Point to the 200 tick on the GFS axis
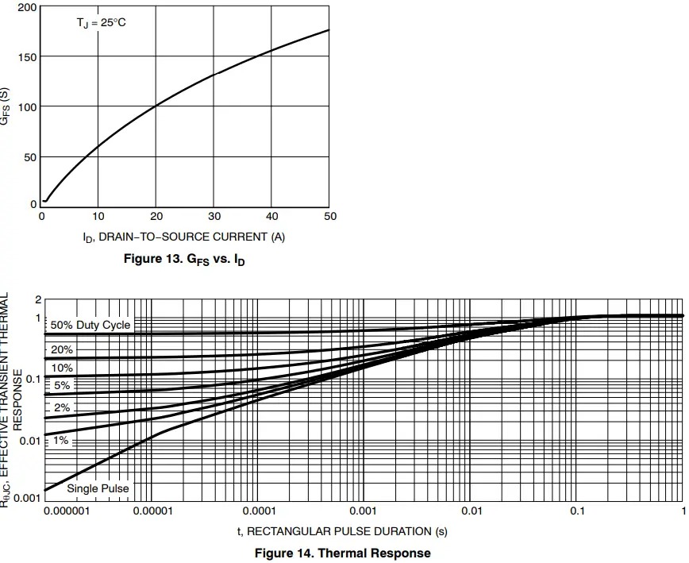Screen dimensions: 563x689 coord(27,7)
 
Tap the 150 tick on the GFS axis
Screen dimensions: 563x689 coord(27,57)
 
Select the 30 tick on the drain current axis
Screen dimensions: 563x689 coord(214,216)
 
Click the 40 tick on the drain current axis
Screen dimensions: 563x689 coord(272,216)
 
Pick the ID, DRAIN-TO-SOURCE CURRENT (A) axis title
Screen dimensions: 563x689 coord(183,237)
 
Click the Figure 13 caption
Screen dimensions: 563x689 coord(184,260)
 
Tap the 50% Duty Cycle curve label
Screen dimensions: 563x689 coord(90,325)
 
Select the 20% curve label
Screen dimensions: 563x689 coord(62,349)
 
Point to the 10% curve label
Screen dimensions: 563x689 coord(62,368)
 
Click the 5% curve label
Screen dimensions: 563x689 coord(62,386)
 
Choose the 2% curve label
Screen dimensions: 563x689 coord(62,407)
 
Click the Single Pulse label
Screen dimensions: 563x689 coord(98,488)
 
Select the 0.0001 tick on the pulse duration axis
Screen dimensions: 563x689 coord(258,511)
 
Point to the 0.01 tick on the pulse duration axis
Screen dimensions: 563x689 coord(472,511)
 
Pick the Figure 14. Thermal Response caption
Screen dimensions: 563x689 coord(342,553)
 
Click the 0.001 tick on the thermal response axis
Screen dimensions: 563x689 coord(29,499)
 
